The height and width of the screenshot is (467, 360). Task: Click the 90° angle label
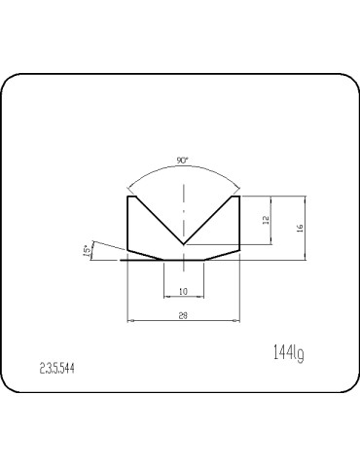(x=183, y=160)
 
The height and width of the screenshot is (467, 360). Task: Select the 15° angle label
(x=88, y=251)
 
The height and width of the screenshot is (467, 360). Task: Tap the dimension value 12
(x=265, y=220)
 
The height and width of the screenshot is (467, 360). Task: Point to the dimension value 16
(x=301, y=227)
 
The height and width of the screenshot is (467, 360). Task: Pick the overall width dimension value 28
(x=184, y=315)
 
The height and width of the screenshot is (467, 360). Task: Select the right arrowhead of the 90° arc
(x=237, y=187)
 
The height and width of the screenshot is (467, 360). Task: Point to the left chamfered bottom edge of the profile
(x=146, y=255)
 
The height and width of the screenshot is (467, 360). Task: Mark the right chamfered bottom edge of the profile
(x=222, y=255)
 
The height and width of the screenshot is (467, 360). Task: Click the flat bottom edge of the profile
(x=184, y=260)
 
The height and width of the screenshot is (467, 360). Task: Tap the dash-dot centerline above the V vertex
(x=184, y=209)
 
